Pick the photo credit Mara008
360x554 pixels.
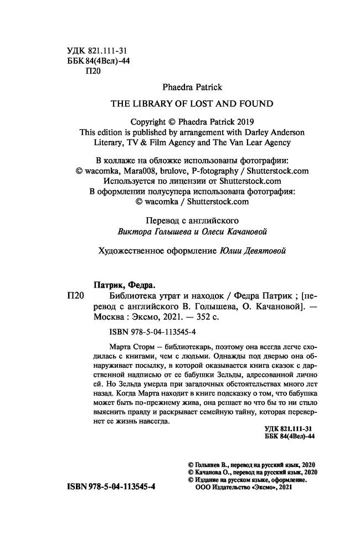pos(142,171)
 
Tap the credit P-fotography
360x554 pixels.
pos(218,171)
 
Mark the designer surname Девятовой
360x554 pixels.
pos(268,250)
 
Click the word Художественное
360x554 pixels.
pos(128,250)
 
